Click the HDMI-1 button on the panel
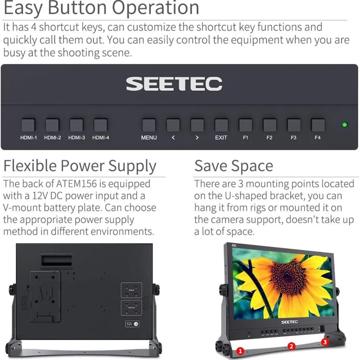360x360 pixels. point(28,125)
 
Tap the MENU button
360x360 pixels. point(149,125)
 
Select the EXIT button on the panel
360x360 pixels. point(221,125)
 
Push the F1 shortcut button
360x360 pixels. point(245,125)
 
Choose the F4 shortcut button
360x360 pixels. point(318,125)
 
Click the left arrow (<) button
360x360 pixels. point(173,125)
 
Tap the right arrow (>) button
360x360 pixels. point(197,125)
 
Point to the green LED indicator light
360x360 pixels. point(345,125)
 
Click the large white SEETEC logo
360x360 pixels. point(174,84)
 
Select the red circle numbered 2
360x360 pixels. point(291,346)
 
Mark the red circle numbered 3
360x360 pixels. point(325,342)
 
